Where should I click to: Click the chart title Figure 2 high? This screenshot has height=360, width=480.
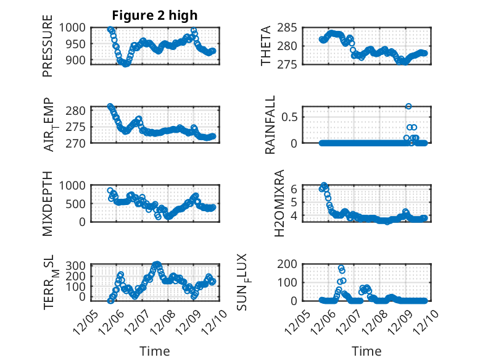tap(155, 15)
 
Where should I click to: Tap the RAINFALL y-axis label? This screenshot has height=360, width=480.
tap(270, 125)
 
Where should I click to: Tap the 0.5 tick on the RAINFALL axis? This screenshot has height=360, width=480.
tap(291, 116)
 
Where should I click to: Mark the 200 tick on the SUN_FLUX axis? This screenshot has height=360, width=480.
tap(291, 264)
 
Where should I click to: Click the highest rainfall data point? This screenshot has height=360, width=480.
tap(408, 106)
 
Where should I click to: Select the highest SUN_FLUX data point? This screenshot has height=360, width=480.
tap(341, 269)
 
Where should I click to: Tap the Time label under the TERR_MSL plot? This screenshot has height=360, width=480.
tap(154, 351)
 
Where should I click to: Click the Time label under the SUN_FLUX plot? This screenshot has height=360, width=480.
tap(366, 351)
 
